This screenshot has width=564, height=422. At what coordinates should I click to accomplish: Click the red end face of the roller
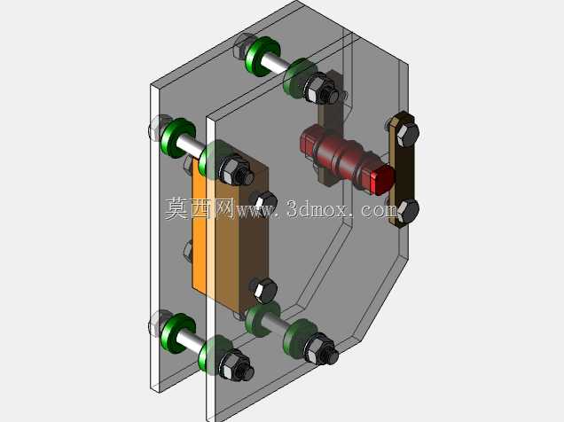click(383, 180)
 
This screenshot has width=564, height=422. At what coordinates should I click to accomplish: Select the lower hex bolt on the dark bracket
click(408, 211)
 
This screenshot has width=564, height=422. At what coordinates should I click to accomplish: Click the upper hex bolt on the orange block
click(264, 202)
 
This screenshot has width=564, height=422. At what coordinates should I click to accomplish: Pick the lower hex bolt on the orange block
click(263, 289)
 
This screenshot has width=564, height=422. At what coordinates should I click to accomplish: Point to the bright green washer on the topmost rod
click(262, 57)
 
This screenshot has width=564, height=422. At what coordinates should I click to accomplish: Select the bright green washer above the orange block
click(177, 137)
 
